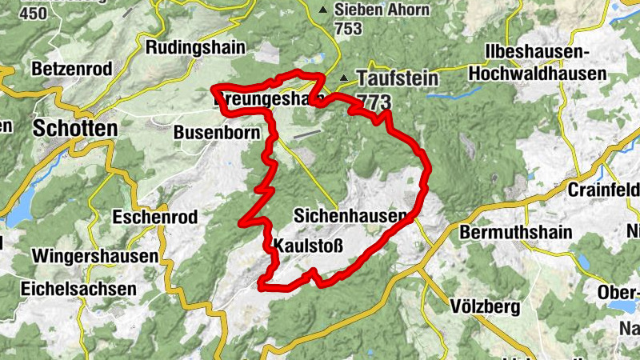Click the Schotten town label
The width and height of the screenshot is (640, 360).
pos(74,128)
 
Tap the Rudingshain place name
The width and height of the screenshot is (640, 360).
pos(194,48)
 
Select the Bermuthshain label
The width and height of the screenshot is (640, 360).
pos(517,233)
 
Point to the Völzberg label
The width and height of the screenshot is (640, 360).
pos(485,306)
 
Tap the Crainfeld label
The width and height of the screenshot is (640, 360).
pos(602,190)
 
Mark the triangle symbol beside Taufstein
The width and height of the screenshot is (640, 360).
pos(344,78)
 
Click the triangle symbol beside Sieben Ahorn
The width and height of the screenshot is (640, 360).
pos(323,10)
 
